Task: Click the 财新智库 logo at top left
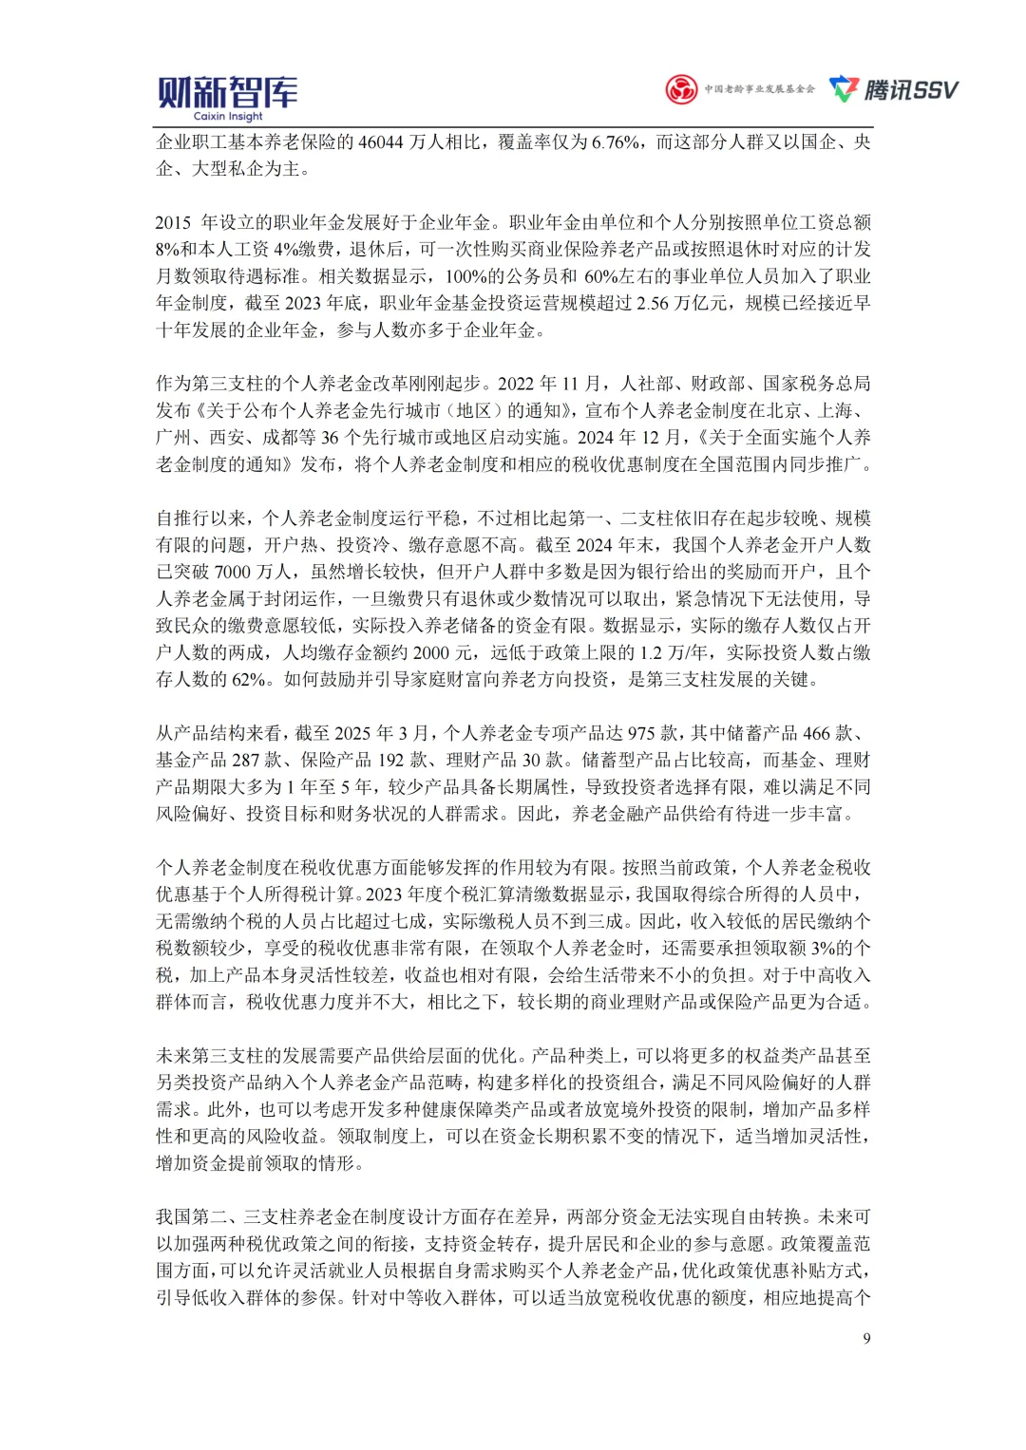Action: (x=227, y=92)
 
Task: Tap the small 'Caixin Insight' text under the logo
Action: (x=228, y=117)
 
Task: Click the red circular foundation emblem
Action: (x=681, y=89)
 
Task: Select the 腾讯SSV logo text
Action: (x=910, y=90)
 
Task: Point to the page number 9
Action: (x=866, y=1338)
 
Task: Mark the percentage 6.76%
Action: (x=617, y=142)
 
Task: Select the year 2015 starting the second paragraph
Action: (x=174, y=223)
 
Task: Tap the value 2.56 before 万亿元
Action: (x=653, y=303)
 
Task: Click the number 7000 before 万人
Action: (x=233, y=572)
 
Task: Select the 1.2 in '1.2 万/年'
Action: (x=652, y=652)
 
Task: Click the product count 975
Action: (x=641, y=733)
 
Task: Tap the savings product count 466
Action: (x=816, y=733)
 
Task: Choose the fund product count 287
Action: (x=245, y=760)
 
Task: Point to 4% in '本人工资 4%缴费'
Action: (x=286, y=250)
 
